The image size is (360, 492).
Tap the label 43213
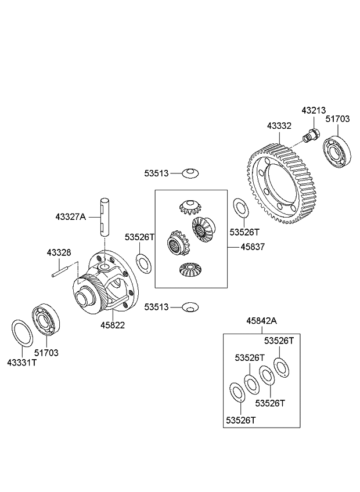pyautogui.click(x=313, y=110)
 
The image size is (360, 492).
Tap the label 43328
pyautogui.click(x=59, y=252)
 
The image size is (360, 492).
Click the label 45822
pyautogui.click(x=112, y=325)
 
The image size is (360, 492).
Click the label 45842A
pyautogui.click(x=261, y=320)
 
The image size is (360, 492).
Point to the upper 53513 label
pyautogui.click(x=157, y=172)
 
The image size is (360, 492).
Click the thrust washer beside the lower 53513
pyautogui.click(x=190, y=306)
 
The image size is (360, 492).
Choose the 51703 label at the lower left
pyautogui.click(x=46, y=352)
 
